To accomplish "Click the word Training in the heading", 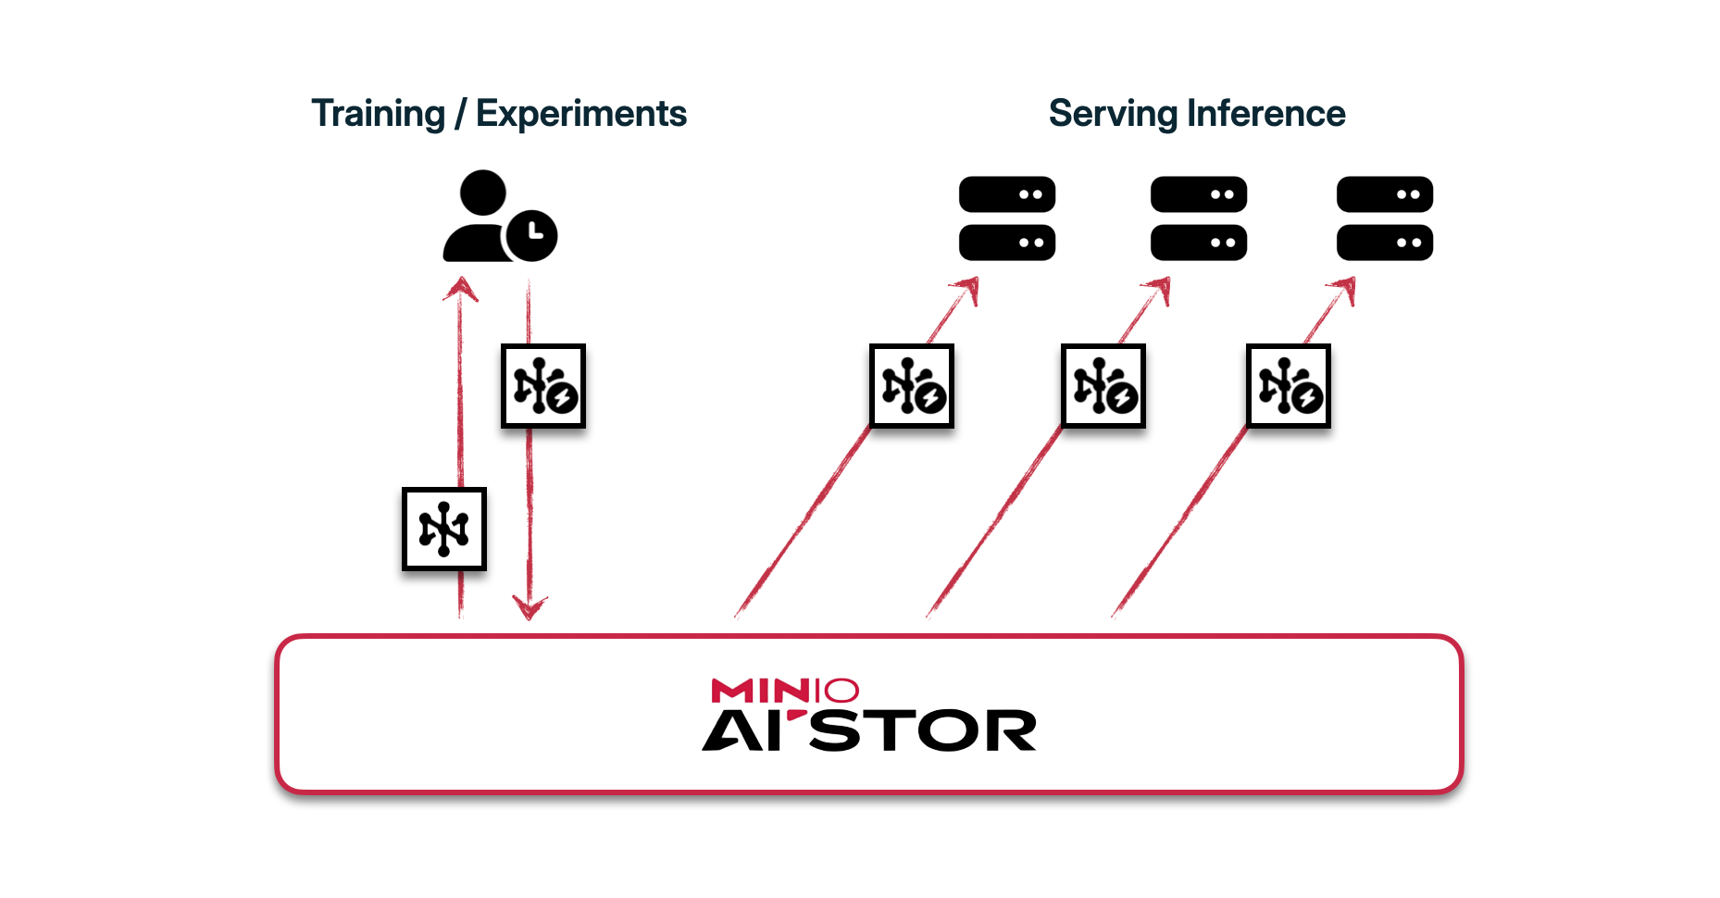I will coord(378,114).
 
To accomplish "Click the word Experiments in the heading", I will coord(580,114).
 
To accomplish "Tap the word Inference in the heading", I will coord(1265,114).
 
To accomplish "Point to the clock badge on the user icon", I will coord(532,235).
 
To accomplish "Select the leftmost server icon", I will coord(1007,218).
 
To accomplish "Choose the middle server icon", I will coord(1199,218).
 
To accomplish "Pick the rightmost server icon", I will coord(1385,218).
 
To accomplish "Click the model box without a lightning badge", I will coord(444,529).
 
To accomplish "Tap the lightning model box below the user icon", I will coord(543,386).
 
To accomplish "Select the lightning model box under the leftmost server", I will coord(912,386).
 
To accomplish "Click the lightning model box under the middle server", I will coord(1103,386).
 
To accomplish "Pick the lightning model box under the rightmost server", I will coord(1289,386).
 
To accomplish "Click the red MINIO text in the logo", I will coord(785,691).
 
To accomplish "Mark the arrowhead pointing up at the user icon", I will coord(460,290).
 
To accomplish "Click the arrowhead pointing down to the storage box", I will coord(530,608).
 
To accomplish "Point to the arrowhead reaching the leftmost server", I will coord(968,290).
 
